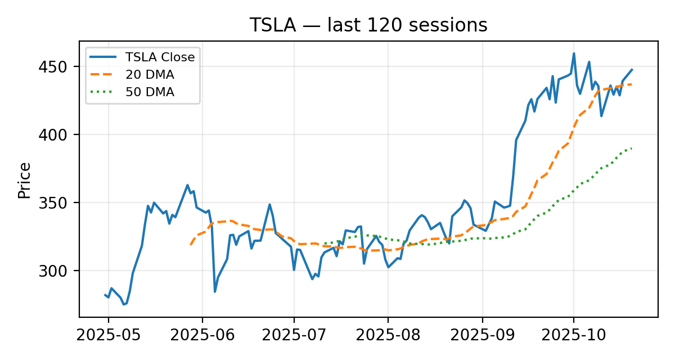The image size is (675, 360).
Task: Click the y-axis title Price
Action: [24, 180]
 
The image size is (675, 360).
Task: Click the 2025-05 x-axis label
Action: [109, 336]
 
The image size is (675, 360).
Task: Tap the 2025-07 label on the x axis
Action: [294, 336]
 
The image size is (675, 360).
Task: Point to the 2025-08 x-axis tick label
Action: [388, 336]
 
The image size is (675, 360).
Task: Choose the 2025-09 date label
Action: [482, 336]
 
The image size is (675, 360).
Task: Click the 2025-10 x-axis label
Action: [573, 336]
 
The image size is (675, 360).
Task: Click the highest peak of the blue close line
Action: [574, 53]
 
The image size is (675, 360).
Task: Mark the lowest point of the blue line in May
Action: [124, 304]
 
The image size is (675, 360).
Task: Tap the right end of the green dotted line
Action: [632, 148]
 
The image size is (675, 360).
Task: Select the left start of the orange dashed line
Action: [191, 245]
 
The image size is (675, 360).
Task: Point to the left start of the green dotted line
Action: [324, 244]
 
